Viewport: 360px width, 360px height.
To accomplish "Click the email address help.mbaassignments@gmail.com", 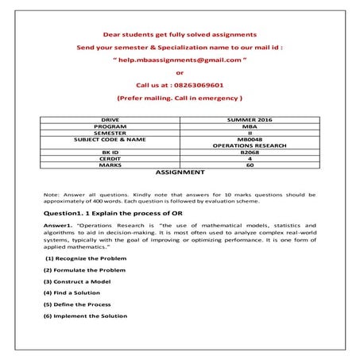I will [180, 60].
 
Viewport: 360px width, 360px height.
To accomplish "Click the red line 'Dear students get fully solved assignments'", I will [180, 35].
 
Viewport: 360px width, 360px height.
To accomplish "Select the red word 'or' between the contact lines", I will [180, 72].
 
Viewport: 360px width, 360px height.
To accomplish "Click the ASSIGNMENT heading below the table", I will [180, 172].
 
